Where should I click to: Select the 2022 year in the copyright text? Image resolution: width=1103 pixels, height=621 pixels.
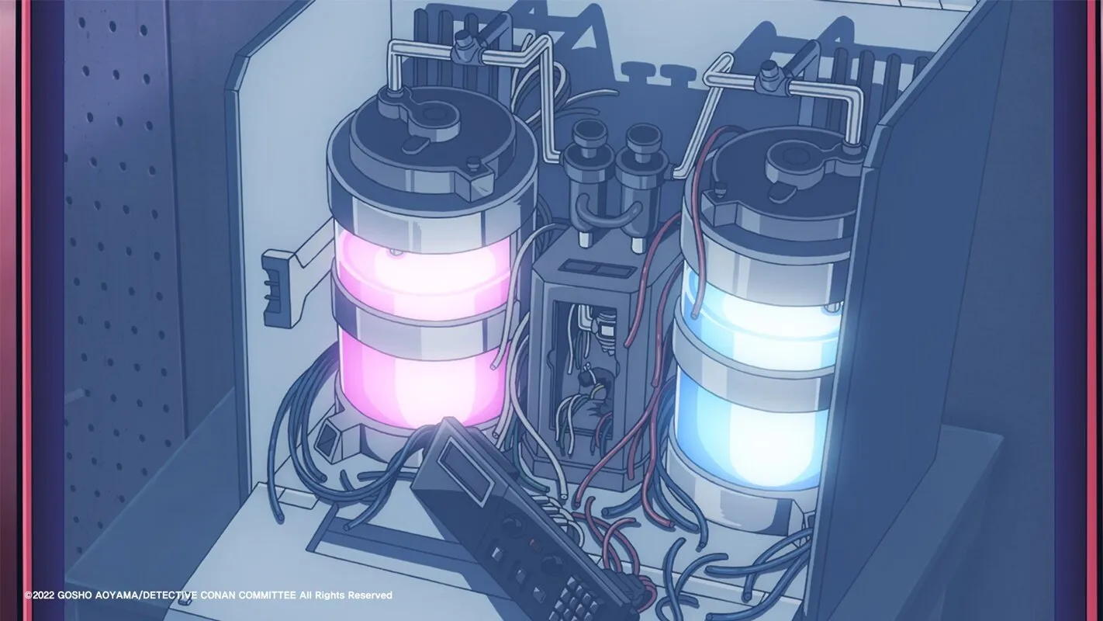[x=43, y=595]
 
